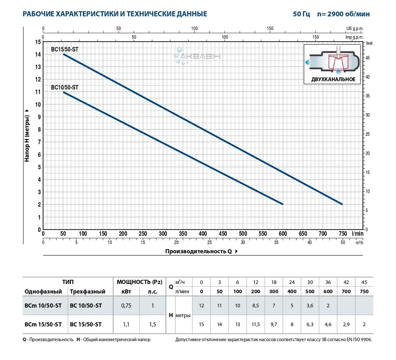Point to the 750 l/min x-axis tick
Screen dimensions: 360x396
pyautogui.click(x=343, y=234)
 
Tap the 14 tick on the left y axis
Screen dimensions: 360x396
pyautogui.click(x=38, y=54)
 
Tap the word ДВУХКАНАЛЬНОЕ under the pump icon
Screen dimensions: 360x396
pyautogui.click(x=333, y=79)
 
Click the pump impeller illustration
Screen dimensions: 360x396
pyautogui.click(x=338, y=63)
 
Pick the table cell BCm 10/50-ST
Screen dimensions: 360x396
pyautogui.click(x=43, y=305)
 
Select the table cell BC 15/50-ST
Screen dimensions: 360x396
pyautogui.click(x=86, y=324)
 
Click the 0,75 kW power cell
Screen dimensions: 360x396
pyautogui.click(x=126, y=305)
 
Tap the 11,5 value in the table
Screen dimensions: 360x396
pyautogui.click(x=255, y=324)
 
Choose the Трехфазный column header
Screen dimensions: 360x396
pyautogui.click(x=87, y=292)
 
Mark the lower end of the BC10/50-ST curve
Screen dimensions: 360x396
pyautogui.click(x=283, y=204)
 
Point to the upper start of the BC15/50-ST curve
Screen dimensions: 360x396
pyautogui.click(x=64, y=54)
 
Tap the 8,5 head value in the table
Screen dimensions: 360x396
pyautogui.click(x=255, y=305)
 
